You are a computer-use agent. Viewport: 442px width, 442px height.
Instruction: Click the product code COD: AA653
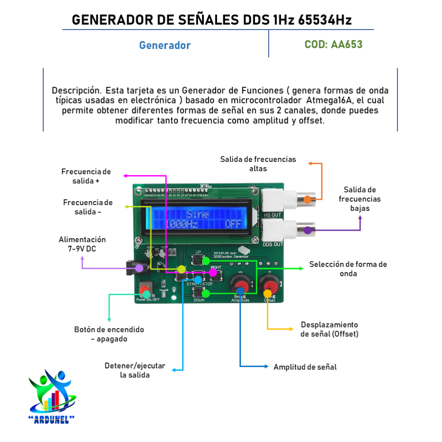pyautogui.click(x=333, y=45)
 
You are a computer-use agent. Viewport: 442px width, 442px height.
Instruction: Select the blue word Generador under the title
pyautogui.click(x=165, y=46)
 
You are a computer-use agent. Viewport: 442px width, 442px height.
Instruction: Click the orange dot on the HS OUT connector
pyautogui.click(x=307, y=199)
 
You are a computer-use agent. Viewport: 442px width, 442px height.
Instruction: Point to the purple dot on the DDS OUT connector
pyautogui.click(x=307, y=230)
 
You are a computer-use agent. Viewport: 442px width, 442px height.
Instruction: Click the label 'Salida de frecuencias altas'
pyautogui.click(x=258, y=164)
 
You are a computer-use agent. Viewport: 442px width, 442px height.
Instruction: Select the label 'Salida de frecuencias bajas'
pyautogui.click(x=360, y=199)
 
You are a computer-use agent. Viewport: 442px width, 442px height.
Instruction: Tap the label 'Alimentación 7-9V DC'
pyautogui.click(x=82, y=244)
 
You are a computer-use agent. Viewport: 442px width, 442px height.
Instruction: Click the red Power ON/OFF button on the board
pyautogui.click(x=145, y=290)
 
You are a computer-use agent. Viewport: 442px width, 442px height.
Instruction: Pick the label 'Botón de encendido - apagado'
pyautogui.click(x=109, y=334)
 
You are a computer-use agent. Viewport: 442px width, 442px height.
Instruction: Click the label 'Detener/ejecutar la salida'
pyautogui.click(x=135, y=370)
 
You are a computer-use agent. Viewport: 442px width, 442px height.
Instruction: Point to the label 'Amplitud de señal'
pyautogui.click(x=305, y=367)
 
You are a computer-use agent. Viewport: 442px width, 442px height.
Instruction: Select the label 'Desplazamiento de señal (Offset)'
pyautogui.click(x=329, y=329)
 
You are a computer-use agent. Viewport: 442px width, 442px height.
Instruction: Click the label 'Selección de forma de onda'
pyautogui.click(x=348, y=269)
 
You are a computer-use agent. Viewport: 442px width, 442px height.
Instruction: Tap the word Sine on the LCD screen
pyautogui.click(x=197, y=214)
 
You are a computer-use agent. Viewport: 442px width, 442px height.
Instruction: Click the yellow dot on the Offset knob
pyautogui.click(x=267, y=292)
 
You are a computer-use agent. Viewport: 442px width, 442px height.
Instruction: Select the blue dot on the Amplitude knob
pyautogui.click(x=240, y=290)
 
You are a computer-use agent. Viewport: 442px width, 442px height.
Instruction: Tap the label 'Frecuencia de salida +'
pyautogui.click(x=86, y=176)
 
